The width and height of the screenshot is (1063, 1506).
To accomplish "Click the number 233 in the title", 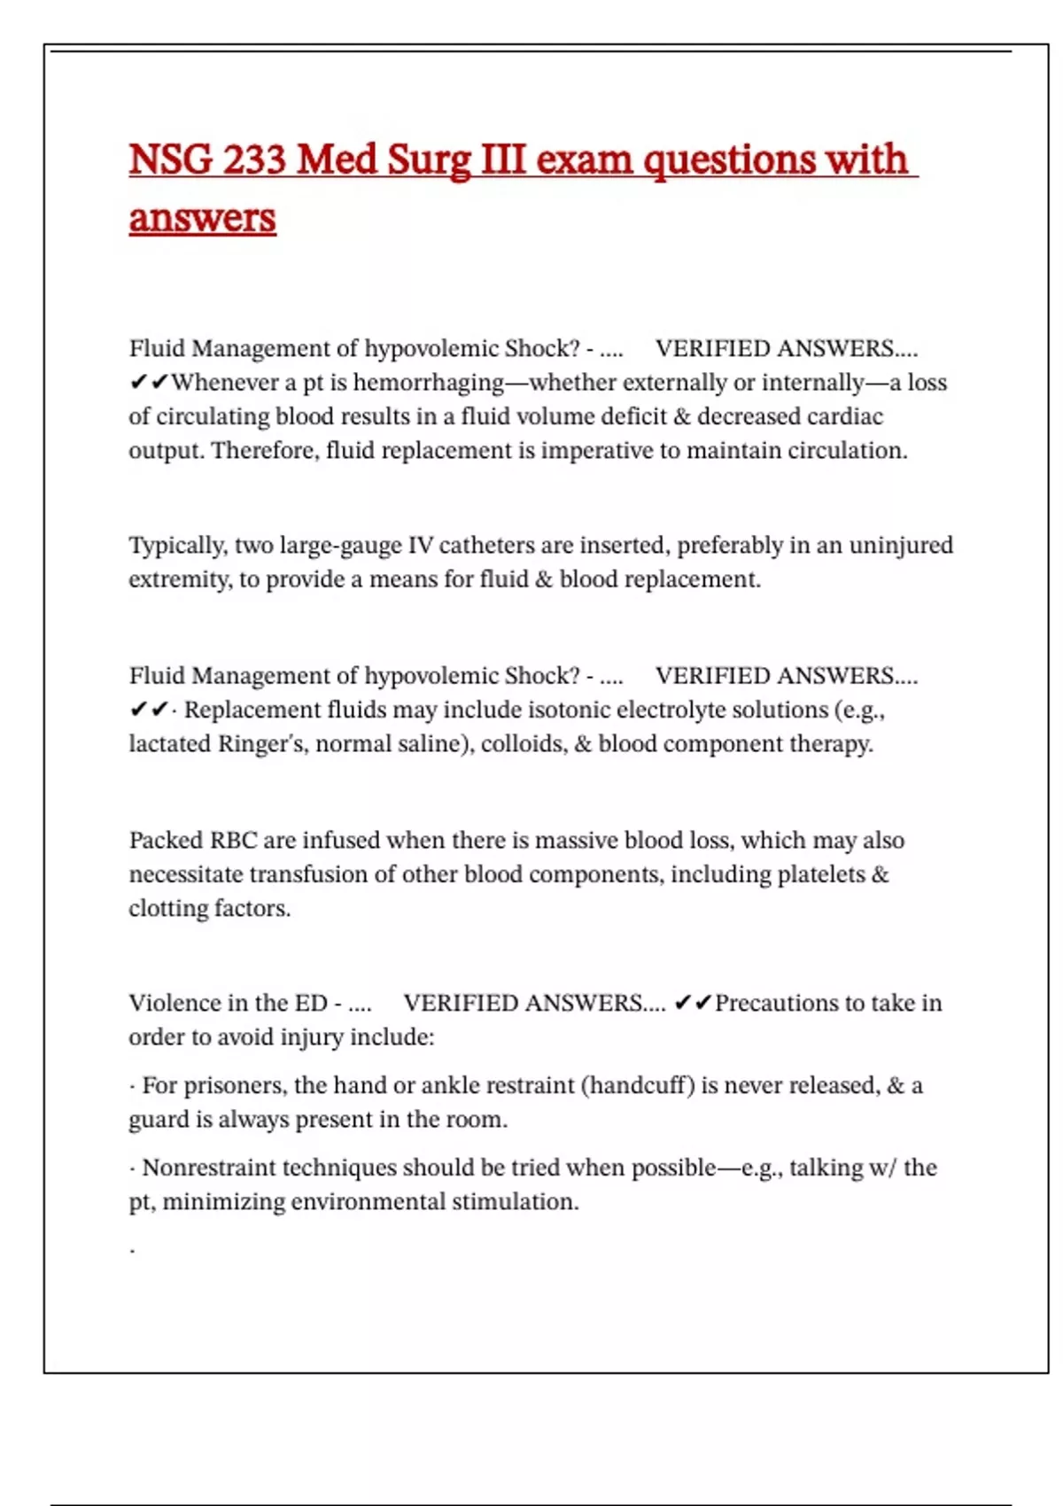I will pos(254,160).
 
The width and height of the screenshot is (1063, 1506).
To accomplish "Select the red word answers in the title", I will pos(202,218).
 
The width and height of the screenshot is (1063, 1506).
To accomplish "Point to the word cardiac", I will pos(844,416).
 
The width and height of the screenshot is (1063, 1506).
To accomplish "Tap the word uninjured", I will pos(901,545).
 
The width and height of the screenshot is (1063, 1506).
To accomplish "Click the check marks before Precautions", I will pos(692,1003).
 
